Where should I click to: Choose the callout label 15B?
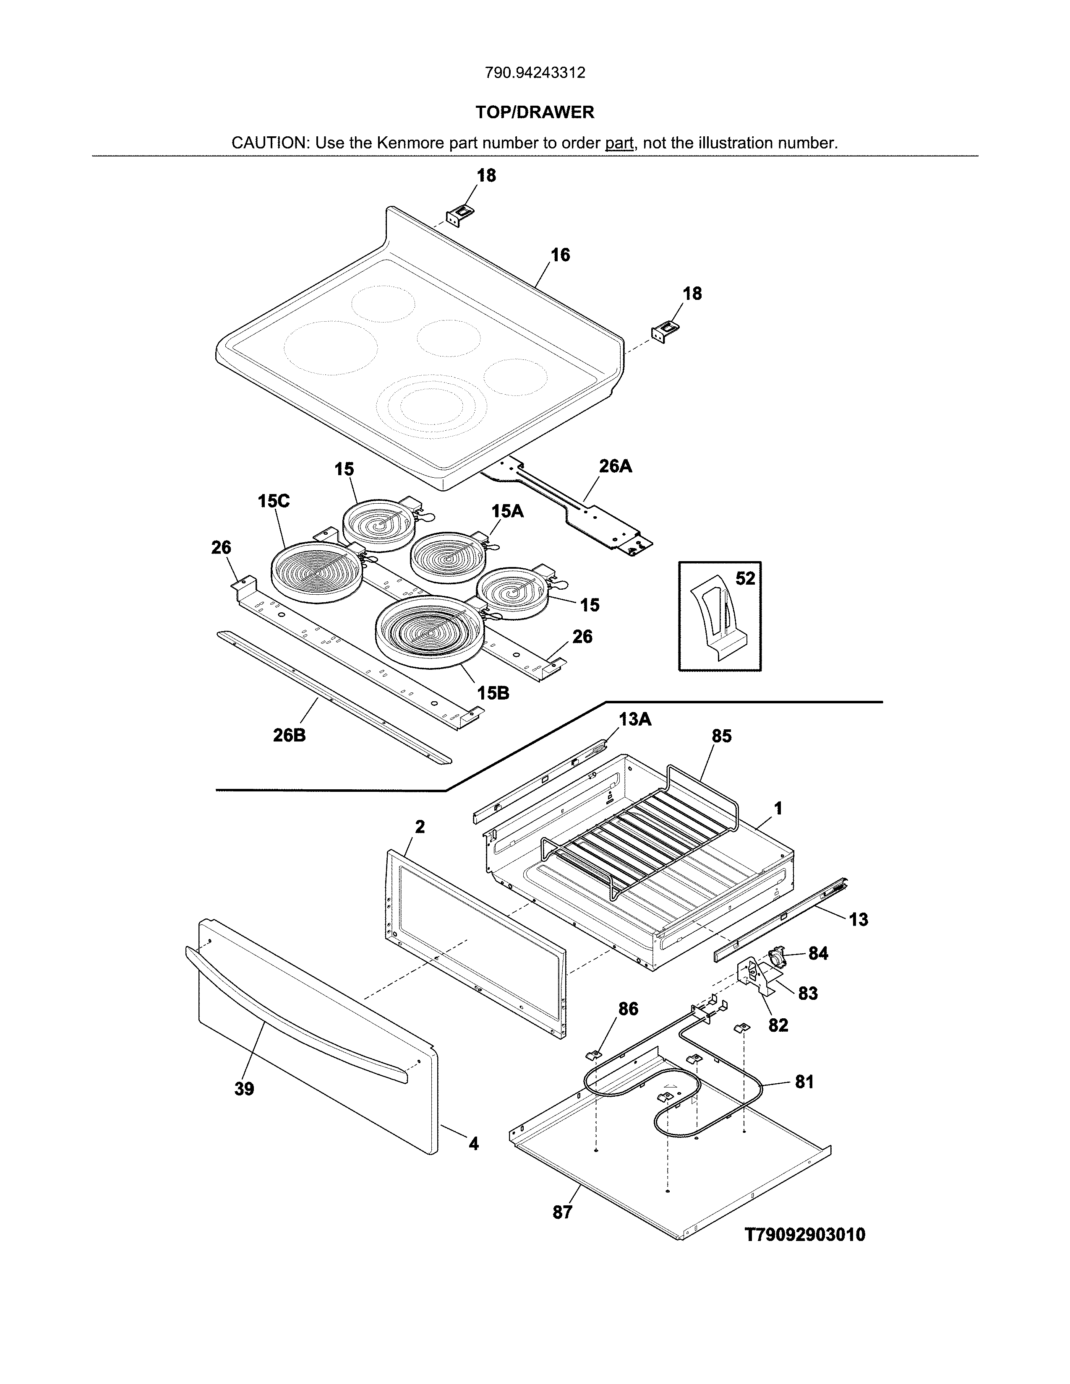pos(493,693)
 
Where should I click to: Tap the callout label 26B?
pos(289,736)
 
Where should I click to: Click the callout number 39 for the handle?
pos(244,1089)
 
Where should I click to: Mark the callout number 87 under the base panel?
pos(562,1212)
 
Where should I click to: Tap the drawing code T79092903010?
pos(804,1234)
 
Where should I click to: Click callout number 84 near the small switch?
pos(818,953)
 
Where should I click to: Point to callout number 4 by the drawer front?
pos(473,1144)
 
